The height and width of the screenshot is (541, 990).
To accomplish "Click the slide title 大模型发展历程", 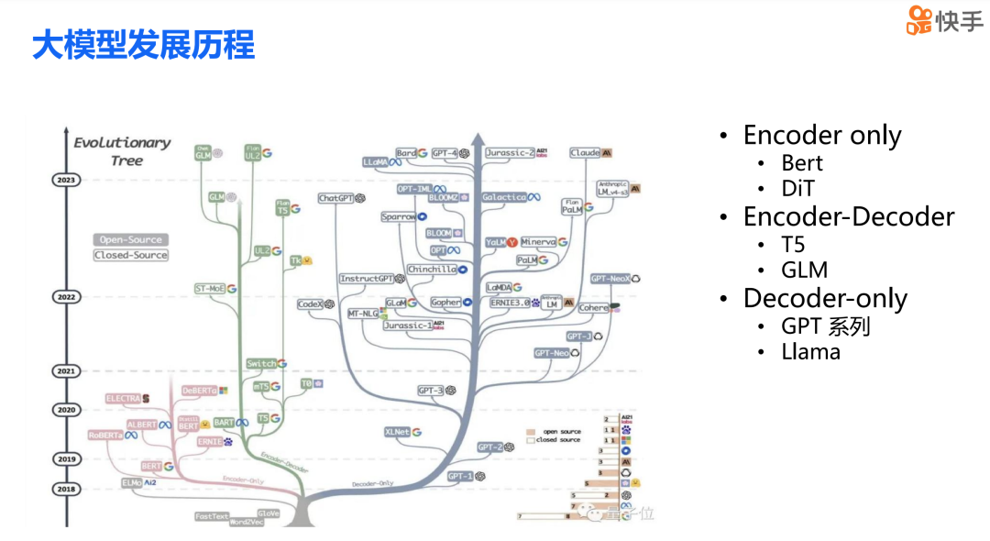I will click(143, 45).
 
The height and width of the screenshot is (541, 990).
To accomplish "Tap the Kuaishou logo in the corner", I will click(944, 20).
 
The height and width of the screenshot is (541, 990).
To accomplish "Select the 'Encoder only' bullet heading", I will click(822, 136).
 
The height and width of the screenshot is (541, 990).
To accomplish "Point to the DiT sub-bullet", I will click(797, 189).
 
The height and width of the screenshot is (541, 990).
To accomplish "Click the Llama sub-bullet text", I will click(810, 351).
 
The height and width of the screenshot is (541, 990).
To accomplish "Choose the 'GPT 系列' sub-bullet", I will click(825, 326).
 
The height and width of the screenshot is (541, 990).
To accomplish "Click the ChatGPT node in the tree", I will click(342, 198).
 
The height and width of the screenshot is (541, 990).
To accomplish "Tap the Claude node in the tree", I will click(591, 153).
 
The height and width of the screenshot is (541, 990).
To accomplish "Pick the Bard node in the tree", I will click(412, 153).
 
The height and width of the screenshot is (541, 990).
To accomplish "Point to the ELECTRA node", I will click(127, 399).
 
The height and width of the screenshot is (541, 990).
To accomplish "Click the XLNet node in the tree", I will click(402, 432).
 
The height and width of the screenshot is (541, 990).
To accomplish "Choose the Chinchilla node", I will click(437, 270).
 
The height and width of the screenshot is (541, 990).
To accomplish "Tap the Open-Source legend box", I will click(130, 240).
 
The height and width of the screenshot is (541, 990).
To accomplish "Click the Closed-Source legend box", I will click(130, 255).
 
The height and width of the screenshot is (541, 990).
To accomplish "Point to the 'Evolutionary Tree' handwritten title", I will click(122, 150).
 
